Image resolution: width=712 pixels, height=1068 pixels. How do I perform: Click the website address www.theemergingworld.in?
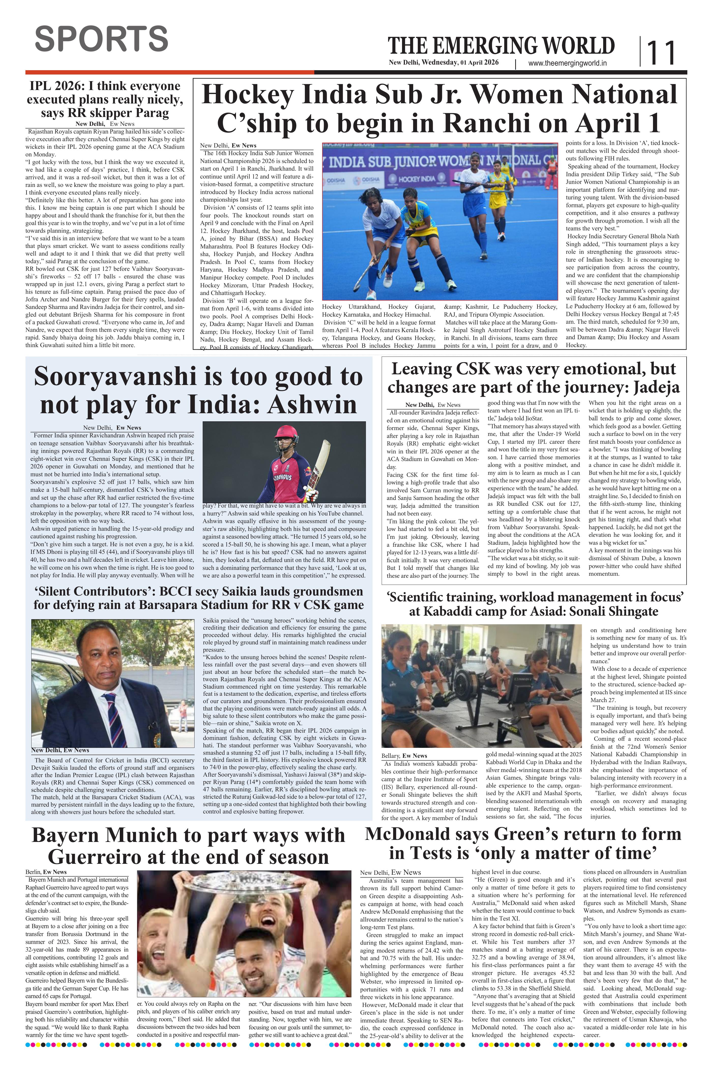(568, 64)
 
